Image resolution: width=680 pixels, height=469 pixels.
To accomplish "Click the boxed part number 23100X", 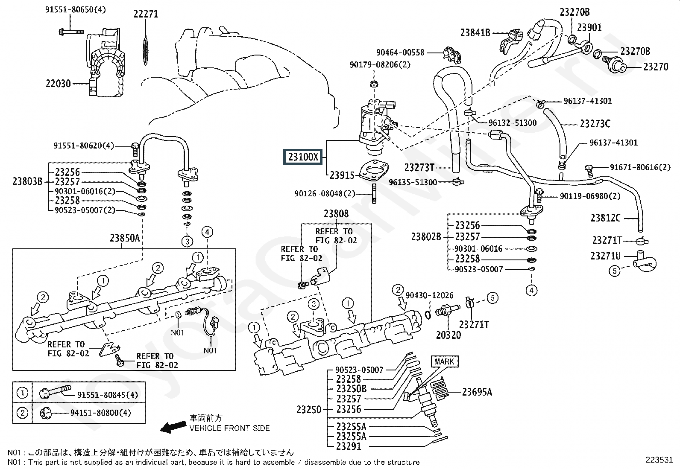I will (x=303, y=157).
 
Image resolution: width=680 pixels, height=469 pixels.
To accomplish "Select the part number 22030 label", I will (x=58, y=84).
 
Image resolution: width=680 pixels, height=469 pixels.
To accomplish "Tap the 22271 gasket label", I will (x=146, y=14).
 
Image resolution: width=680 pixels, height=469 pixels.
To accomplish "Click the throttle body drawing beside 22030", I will (x=107, y=64).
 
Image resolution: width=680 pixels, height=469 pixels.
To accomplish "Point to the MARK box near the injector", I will (x=444, y=362).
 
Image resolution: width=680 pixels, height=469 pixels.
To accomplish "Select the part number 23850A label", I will (x=125, y=238).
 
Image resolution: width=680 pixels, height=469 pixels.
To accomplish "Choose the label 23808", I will (x=336, y=214).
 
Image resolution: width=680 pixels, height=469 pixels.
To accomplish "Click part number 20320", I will (x=448, y=335).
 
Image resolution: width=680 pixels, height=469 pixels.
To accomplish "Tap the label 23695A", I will (x=477, y=392).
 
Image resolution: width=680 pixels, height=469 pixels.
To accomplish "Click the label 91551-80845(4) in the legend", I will (x=108, y=395).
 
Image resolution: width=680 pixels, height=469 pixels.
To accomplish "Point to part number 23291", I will (x=349, y=446).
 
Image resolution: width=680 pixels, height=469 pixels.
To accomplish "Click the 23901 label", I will (x=589, y=28).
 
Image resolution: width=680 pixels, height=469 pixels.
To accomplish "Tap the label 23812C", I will (x=605, y=218).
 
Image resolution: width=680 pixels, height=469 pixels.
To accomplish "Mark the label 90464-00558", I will (x=400, y=52).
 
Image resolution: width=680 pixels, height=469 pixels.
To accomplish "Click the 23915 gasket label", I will (x=342, y=175).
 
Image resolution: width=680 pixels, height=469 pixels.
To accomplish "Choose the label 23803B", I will (x=27, y=181).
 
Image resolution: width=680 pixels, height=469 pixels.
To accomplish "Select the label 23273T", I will (x=419, y=167).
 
